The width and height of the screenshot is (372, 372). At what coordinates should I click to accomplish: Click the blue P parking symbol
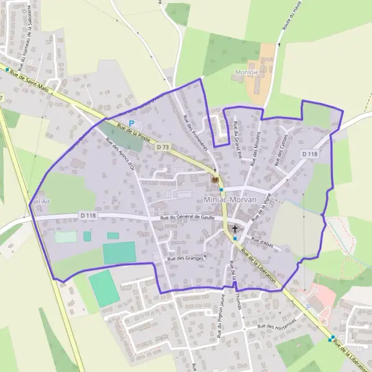coord(131,124)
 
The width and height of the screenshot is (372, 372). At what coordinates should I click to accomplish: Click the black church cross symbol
coord(235,229)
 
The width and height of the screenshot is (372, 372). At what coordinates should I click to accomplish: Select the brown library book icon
coord(215,179)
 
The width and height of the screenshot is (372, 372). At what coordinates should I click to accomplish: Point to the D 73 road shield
coord(163,147)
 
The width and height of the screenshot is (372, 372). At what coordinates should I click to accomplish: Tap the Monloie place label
coord(246,73)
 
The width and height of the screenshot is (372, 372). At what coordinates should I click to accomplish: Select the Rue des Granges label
coord(185,258)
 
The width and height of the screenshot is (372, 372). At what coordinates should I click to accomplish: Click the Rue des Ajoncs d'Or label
coord(121,153)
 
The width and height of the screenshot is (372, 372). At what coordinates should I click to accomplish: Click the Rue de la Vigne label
coord(262,208)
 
